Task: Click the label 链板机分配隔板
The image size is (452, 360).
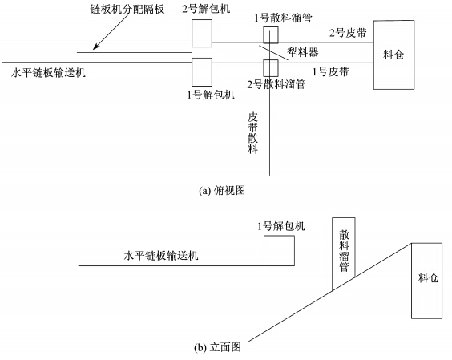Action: pyautogui.click(x=127, y=10)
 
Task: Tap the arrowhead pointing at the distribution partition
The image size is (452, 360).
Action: pyautogui.click(x=96, y=47)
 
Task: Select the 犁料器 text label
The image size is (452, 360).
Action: pyautogui.click(x=303, y=52)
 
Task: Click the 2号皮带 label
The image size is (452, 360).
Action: pyautogui.click(x=348, y=33)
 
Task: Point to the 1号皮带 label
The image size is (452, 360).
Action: pyautogui.click(x=331, y=71)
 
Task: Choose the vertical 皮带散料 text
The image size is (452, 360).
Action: pyautogui.click(x=252, y=133)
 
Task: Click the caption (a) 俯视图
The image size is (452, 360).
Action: pyautogui.click(x=222, y=190)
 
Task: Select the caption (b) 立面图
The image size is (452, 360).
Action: pyautogui.click(x=218, y=347)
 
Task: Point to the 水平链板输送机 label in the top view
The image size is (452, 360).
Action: pyautogui.click(x=48, y=73)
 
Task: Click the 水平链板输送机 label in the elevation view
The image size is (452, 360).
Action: pyautogui.click(x=161, y=256)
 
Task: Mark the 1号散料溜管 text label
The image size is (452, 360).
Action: pyautogui.click(x=283, y=18)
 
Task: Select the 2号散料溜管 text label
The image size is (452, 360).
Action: pyautogui.click(x=276, y=84)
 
